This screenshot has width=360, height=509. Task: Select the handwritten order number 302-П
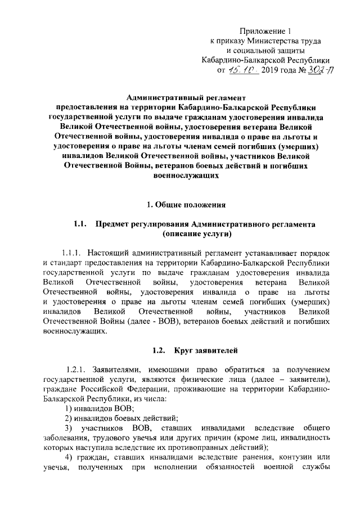314,70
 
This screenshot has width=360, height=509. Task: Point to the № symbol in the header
294,71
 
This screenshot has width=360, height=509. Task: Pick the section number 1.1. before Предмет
79,224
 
